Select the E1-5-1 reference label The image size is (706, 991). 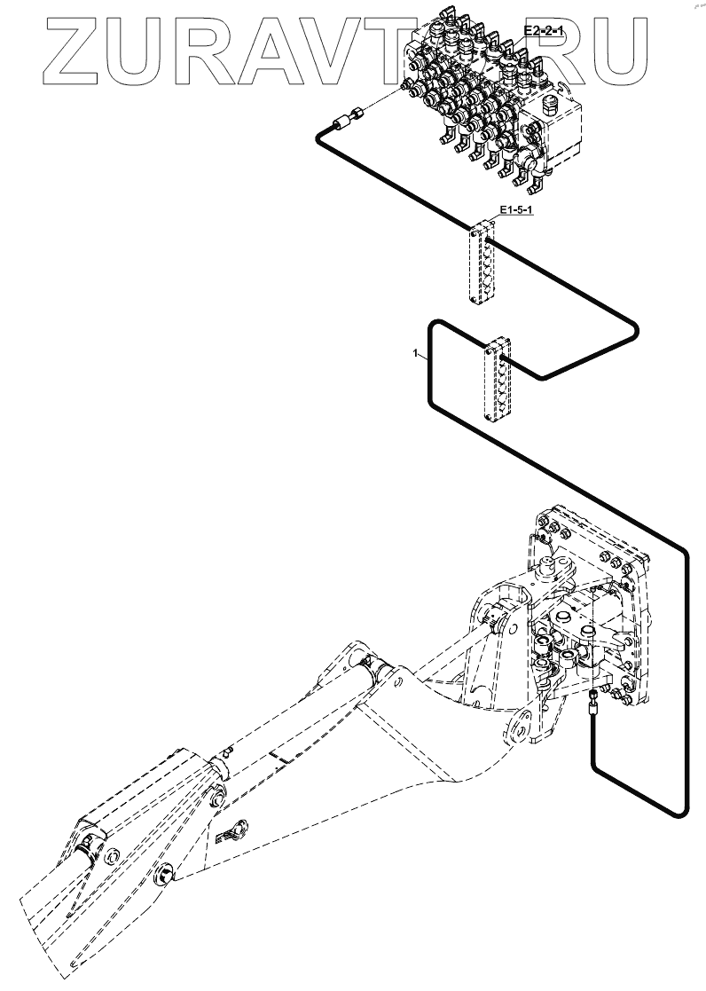click(x=515, y=210)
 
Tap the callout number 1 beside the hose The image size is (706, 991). click(x=415, y=354)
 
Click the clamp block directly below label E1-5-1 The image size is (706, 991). click(x=481, y=264)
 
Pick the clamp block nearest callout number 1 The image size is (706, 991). click(x=493, y=378)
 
